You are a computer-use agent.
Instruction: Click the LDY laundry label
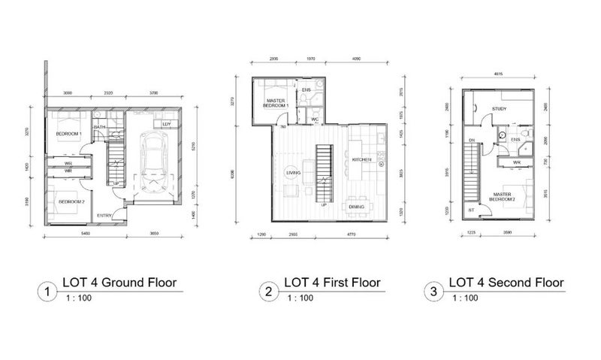coord(167,123)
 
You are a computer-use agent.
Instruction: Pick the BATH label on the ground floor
coord(100,127)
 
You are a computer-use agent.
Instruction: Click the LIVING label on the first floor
coord(293,174)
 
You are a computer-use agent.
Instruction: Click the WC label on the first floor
coord(315,119)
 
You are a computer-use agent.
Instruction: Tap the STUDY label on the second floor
coord(499,110)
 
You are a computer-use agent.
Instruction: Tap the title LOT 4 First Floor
coord(331,283)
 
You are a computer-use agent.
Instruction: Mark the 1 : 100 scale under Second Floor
coord(465,298)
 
